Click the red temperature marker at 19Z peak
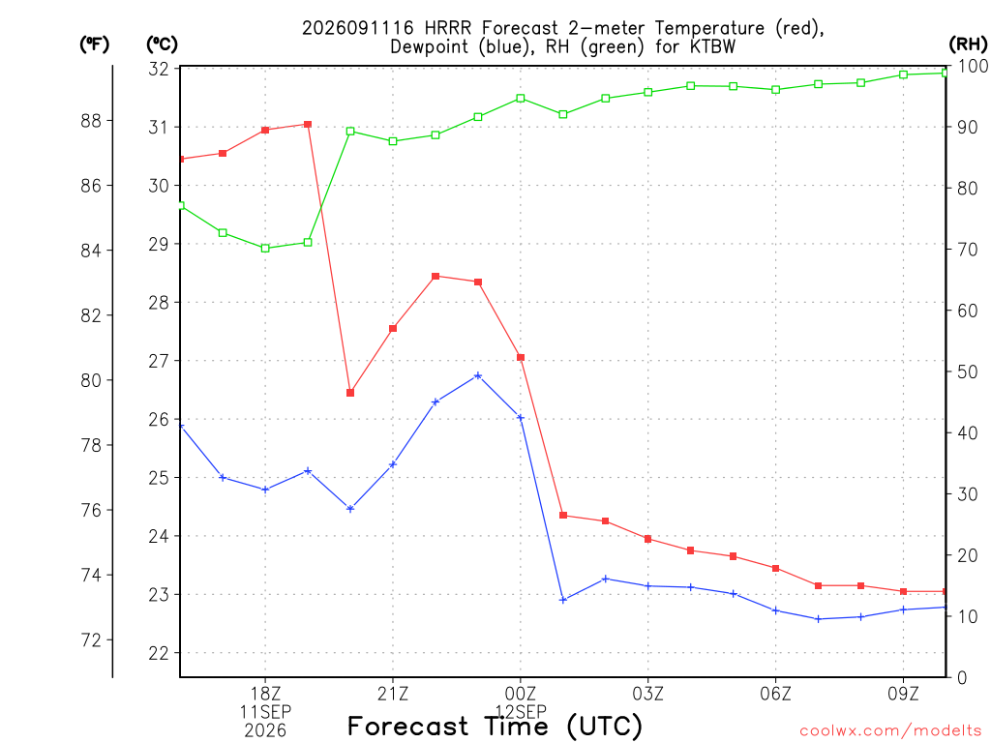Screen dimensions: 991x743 pos(308,125)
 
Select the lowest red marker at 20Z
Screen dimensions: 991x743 pos(350,393)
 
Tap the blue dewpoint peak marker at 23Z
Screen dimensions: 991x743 pos(478,376)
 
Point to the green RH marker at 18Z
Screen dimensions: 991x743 pos(265,249)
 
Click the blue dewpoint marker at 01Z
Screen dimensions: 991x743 pos(563,600)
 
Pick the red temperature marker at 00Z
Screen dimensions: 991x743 pos(521,358)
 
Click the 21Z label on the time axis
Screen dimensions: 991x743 pos(393,694)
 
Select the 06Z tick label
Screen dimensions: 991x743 pos(775,694)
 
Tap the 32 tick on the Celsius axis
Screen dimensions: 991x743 pos(159,69)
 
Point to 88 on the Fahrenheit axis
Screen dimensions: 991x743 pos(92,121)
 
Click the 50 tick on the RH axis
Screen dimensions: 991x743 pos(967,371)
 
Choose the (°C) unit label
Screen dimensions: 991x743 pos(162,45)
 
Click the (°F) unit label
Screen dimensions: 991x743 pos(94,45)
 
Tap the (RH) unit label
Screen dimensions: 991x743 pos(968,45)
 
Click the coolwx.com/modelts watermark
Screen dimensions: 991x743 pos(890,731)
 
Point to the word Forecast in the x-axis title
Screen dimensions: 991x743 pos(408,726)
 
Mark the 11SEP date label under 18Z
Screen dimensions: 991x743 pos(265,712)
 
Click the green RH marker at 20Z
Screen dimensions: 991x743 pos(350,132)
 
